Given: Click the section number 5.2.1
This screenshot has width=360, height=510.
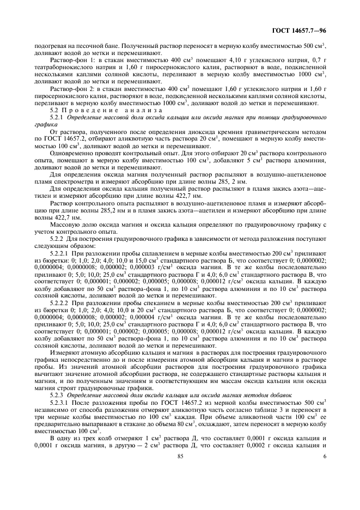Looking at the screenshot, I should click(57, 117).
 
